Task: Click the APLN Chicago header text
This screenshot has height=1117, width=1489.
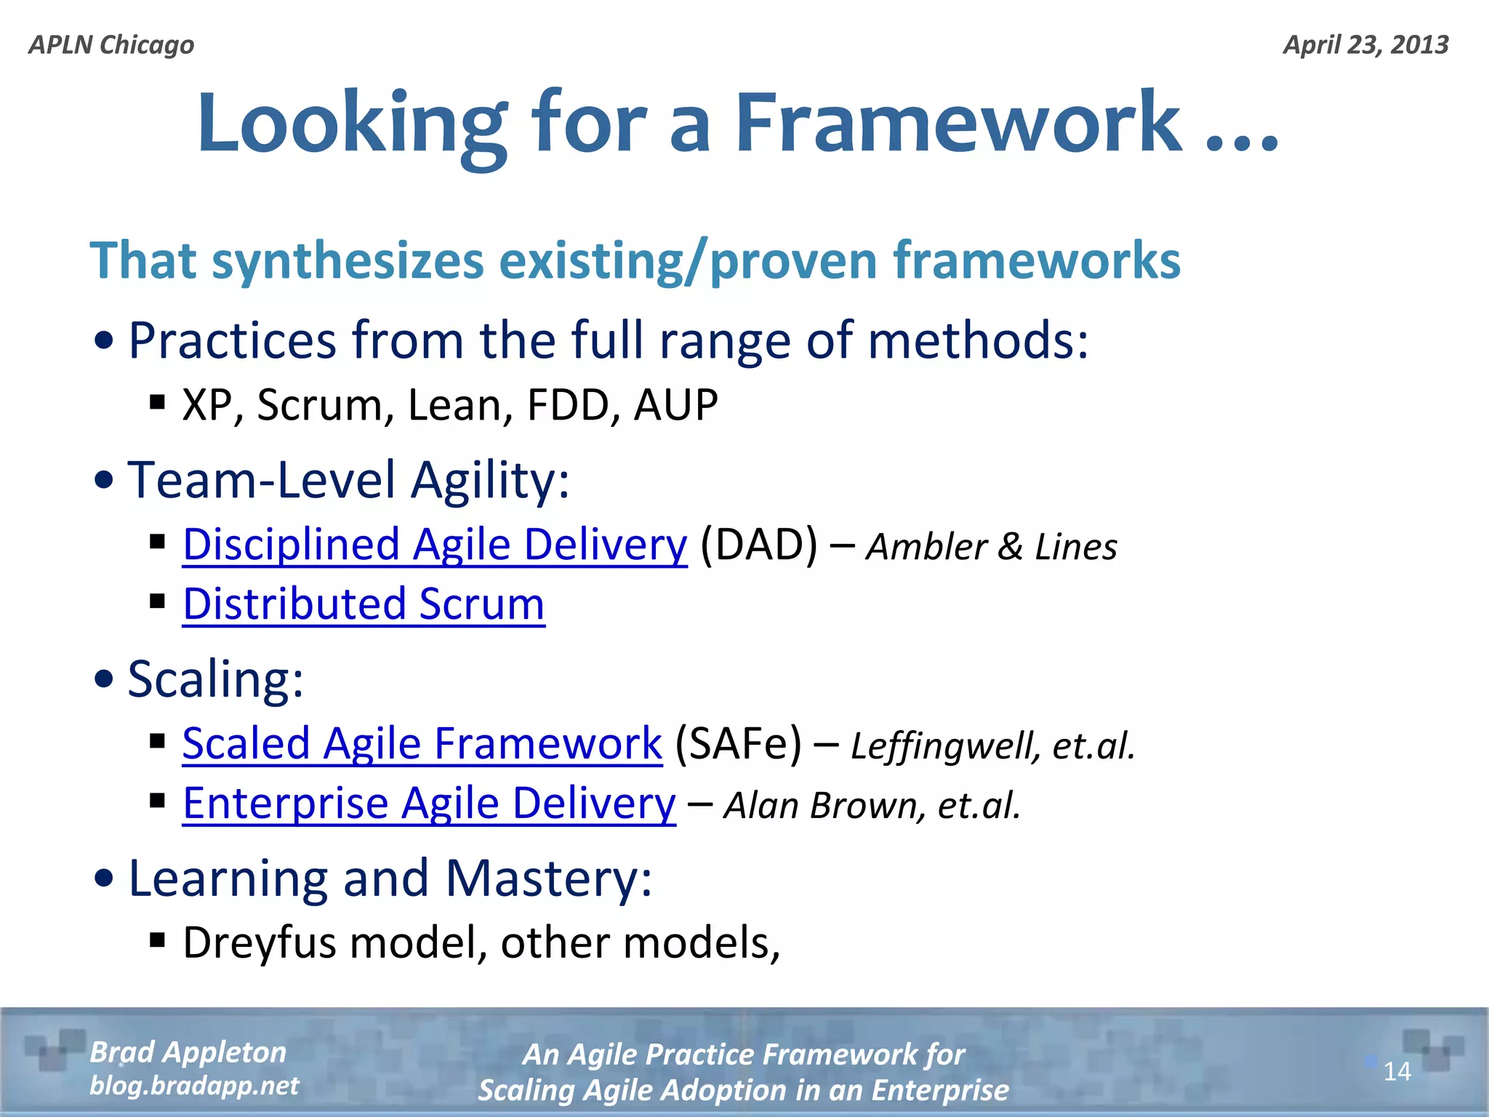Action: coord(111,45)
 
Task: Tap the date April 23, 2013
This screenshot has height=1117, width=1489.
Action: coord(1365,45)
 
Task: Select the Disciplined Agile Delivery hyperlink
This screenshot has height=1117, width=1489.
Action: coord(434,545)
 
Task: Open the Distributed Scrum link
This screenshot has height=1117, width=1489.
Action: coord(363,604)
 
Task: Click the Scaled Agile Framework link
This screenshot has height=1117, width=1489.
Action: coord(422,744)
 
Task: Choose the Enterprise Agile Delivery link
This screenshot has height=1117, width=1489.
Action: coord(429,804)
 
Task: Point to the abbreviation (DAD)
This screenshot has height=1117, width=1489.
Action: coord(758,545)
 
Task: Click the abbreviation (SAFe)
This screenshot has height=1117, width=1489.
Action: coord(738,744)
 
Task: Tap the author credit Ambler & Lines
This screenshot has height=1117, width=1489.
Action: coord(992,547)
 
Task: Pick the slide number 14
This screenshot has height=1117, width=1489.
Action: coord(1397,1071)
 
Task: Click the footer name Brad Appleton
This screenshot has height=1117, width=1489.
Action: coord(188,1052)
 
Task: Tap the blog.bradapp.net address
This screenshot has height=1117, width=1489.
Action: coord(194,1086)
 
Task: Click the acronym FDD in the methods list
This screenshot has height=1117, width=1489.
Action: coord(568,405)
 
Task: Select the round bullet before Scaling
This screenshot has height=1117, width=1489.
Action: coord(105,679)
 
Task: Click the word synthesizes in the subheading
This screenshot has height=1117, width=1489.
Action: coord(348,261)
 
